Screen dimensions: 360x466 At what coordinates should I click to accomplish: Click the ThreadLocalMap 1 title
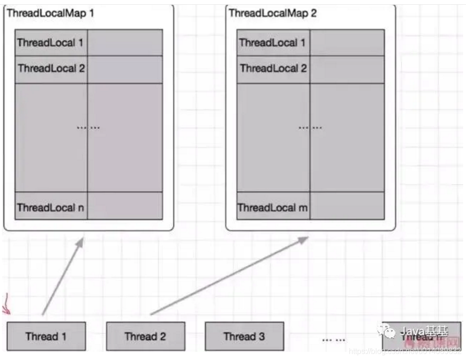pyautogui.click(x=50, y=13)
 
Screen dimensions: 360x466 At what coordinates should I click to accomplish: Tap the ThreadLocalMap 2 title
pyautogui.click(x=272, y=13)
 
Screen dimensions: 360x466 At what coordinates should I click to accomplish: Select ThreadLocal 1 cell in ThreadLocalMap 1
pyautogui.click(x=51, y=43)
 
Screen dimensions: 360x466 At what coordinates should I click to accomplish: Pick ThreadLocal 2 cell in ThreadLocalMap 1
pyautogui.click(x=51, y=69)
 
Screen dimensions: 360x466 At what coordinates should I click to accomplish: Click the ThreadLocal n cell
pyautogui.click(x=51, y=207)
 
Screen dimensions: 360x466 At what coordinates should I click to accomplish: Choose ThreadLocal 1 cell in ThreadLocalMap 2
pyautogui.click(x=273, y=43)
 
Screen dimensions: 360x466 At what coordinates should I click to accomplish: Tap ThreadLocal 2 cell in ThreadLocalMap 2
pyautogui.click(x=273, y=69)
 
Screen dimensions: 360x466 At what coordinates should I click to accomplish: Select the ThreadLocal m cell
pyautogui.click(x=273, y=208)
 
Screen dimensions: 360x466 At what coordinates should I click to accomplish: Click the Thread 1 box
pyautogui.click(x=46, y=336)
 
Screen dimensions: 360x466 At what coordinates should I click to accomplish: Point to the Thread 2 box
pyautogui.click(x=145, y=336)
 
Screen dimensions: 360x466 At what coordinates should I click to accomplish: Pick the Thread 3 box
pyautogui.click(x=244, y=336)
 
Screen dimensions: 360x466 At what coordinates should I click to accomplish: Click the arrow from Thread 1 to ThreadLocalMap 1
pyautogui.click(x=63, y=276)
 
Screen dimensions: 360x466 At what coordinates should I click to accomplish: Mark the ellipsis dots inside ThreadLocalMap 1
pyautogui.click(x=88, y=128)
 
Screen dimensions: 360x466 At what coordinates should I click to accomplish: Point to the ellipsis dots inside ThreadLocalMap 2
pyautogui.click(x=310, y=128)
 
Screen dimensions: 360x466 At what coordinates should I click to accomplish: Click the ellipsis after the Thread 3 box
pyautogui.click(x=333, y=339)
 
